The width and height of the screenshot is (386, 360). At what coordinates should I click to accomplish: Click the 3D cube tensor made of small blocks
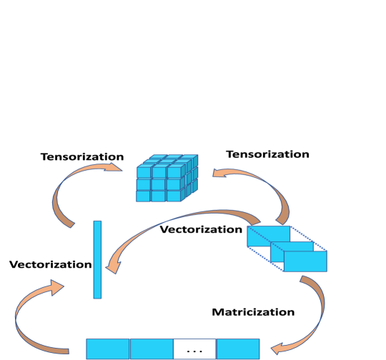pyautogui.click(x=167, y=179)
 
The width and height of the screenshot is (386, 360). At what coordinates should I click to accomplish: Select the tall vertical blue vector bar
pyautogui.click(x=97, y=259)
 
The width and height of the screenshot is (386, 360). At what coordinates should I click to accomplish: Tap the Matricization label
pyautogui.click(x=253, y=312)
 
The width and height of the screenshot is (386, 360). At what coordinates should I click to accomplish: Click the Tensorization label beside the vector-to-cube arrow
pyautogui.click(x=81, y=156)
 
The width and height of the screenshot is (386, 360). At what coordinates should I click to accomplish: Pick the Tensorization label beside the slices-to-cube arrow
pyautogui.click(x=267, y=154)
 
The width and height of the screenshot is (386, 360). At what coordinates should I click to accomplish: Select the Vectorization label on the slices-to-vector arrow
pyautogui.click(x=200, y=229)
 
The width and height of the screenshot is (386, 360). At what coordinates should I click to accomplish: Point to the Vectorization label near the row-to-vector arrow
pyautogui.click(x=50, y=264)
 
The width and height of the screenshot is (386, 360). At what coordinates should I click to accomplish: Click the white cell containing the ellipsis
pyautogui.click(x=194, y=349)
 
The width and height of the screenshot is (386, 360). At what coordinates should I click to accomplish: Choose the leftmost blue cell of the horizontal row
pyautogui.click(x=108, y=349)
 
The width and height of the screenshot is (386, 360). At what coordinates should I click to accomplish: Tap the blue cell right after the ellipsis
pyautogui.click(x=237, y=349)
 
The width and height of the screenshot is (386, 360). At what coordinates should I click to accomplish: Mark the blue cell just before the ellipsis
pyautogui.click(x=151, y=349)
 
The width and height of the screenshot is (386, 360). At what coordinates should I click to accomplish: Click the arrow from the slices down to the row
pyautogui.click(x=315, y=307)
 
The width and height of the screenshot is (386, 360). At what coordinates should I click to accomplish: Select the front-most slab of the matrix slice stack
pyautogui.click(x=305, y=261)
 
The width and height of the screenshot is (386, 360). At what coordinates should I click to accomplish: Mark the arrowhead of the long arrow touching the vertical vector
pyautogui.click(x=112, y=268)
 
